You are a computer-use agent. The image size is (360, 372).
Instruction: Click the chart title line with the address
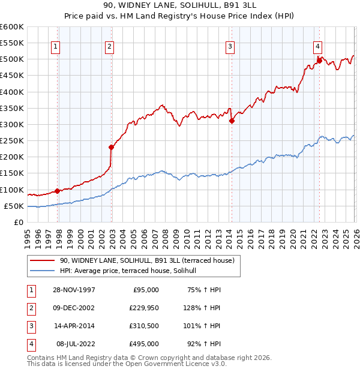180,7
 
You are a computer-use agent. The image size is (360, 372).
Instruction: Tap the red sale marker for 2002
111,147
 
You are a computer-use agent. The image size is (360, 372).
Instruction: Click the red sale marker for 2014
232,121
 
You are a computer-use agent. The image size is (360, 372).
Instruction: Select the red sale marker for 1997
58,191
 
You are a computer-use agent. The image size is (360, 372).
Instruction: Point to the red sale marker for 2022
319,60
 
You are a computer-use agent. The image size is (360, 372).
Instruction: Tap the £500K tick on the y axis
12,59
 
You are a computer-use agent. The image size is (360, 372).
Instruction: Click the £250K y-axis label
12,141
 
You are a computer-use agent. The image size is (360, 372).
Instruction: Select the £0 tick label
19,223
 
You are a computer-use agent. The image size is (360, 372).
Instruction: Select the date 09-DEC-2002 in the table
73,308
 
